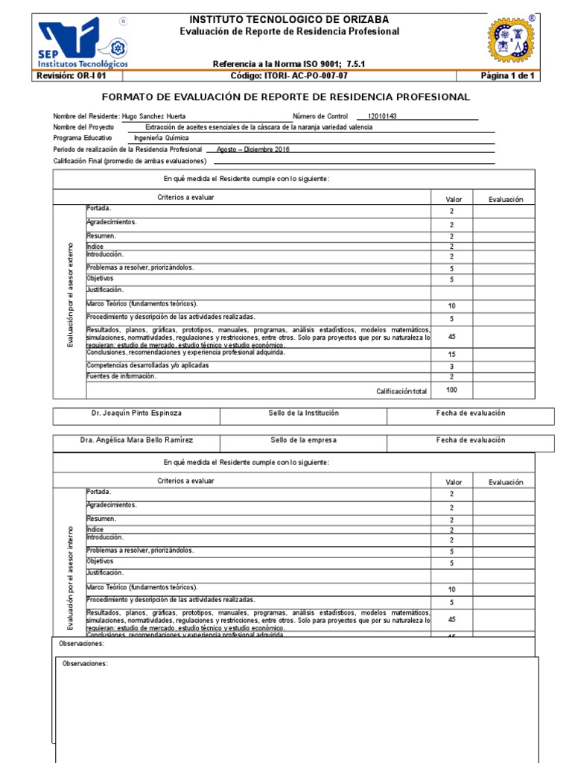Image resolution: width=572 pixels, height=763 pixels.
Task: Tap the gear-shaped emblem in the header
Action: pos(511,40)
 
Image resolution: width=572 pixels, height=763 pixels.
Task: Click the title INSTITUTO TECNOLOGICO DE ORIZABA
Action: pos(289,19)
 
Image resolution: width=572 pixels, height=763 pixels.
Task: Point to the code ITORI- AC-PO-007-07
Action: pos(289,76)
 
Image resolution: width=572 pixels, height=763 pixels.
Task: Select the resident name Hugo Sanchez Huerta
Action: pos(154,116)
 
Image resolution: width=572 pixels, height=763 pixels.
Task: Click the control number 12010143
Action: pos(382,116)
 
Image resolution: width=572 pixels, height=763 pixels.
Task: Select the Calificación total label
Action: pos(401,391)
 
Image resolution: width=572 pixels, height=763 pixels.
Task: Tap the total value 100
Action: pos(451,390)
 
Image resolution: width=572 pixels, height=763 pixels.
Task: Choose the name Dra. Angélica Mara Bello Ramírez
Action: pos(142,440)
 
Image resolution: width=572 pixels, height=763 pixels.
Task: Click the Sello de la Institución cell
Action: pos(303,413)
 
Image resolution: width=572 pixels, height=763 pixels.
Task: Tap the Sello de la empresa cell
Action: pos(303,440)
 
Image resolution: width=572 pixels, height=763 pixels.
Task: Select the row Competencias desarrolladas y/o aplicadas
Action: pos(147,366)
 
